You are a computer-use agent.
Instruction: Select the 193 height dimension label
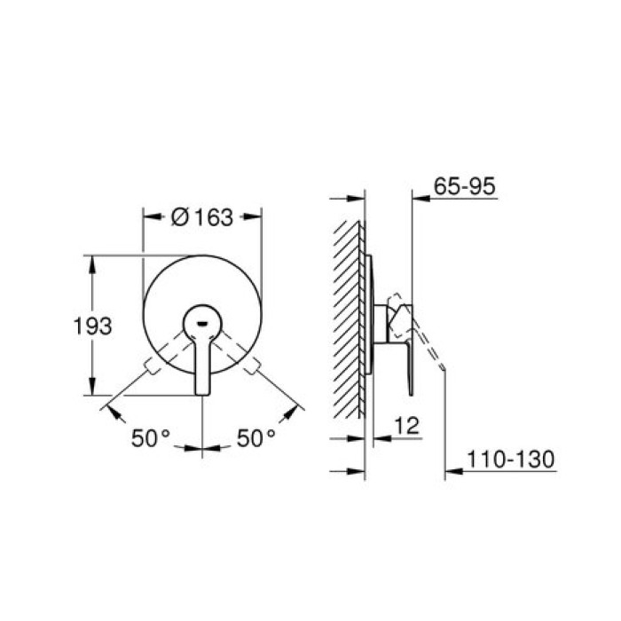tap(92, 326)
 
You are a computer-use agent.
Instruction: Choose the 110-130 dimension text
tap(512, 460)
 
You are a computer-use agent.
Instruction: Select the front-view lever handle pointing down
tap(202, 364)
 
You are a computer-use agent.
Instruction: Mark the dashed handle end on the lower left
tap(153, 365)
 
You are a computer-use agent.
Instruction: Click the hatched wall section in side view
tap(346, 319)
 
